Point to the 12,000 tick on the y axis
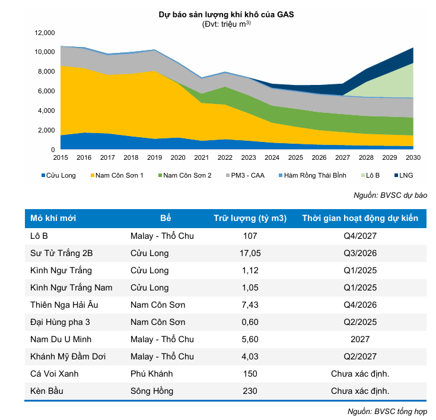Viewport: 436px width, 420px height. (45, 33)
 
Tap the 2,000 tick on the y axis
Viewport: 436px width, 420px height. (47, 130)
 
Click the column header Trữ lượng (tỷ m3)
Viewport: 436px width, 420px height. (250, 218)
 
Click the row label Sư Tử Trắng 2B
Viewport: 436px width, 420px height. (62, 253)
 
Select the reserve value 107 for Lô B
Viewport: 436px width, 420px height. (250, 236)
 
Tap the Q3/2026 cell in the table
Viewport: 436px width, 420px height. (360, 253)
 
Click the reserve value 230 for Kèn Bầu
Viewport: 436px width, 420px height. (250, 391)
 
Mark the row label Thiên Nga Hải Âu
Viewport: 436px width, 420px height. (66, 305)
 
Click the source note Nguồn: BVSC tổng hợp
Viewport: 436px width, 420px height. (387, 411)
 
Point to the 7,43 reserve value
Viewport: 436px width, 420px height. (250, 305)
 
